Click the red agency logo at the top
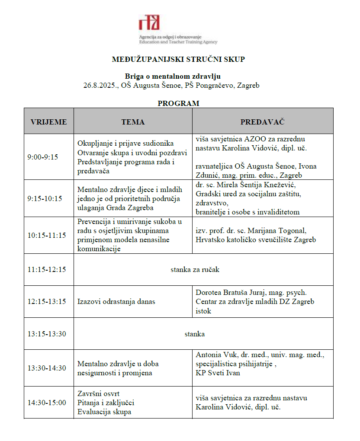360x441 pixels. (149, 22)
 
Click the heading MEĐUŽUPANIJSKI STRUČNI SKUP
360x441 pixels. (178, 59)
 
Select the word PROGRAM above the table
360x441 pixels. (178, 103)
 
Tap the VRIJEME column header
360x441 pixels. (48, 122)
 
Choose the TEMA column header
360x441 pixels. (133, 122)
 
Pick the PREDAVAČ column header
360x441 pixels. (262, 122)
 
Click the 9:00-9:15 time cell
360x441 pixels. (42, 157)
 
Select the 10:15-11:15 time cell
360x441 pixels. (47, 235)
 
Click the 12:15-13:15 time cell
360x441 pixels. (47, 301)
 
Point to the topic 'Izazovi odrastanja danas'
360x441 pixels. (116, 301)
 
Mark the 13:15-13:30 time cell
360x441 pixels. (47, 334)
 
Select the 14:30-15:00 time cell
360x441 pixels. (47, 403)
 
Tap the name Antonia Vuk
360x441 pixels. (215, 355)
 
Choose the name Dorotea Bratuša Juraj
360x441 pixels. (237, 293)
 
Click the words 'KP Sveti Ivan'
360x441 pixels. (215, 373)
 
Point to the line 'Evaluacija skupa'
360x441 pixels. (104, 412)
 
